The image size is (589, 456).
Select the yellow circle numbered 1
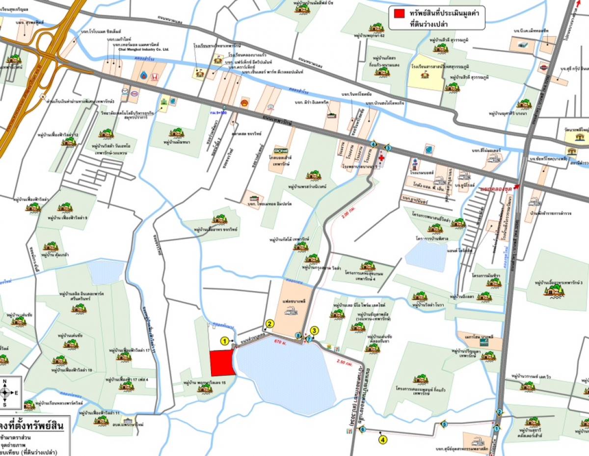[225, 340]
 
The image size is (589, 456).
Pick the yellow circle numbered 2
[269, 323]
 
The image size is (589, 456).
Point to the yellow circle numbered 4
[383, 440]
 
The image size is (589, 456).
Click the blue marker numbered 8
[298, 336]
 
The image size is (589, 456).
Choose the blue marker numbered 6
[363, 429]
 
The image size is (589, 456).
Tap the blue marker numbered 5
[445, 425]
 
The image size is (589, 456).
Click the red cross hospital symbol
[382, 160]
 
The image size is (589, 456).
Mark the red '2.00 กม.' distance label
[345, 216]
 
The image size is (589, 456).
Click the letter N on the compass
[4, 381]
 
